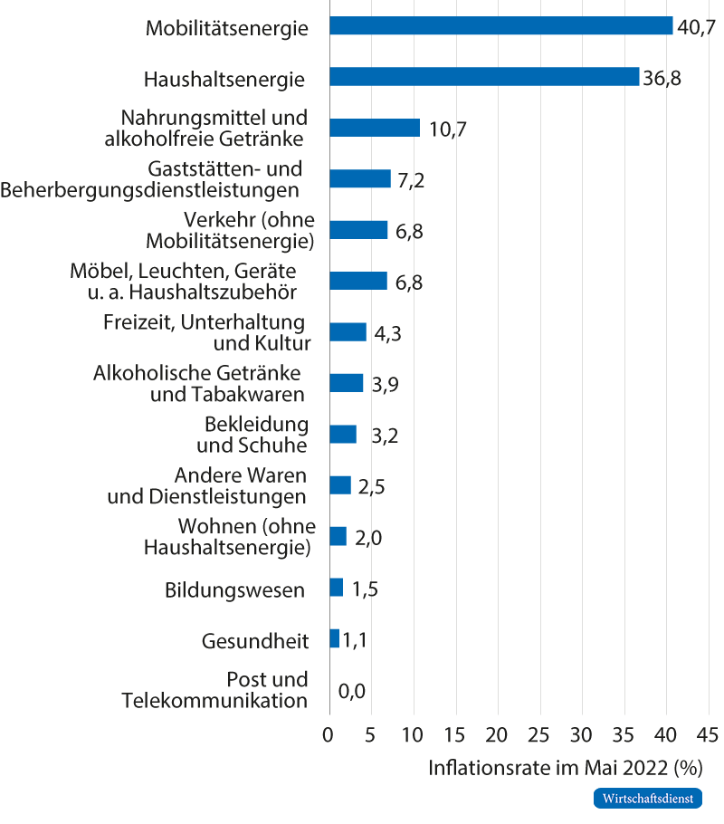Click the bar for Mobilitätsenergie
501,26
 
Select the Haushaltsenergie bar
484,77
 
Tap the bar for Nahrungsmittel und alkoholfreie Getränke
375,128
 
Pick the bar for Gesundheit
334,639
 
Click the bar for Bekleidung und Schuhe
343,435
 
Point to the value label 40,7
696,27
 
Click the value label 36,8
662,78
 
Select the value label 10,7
447,129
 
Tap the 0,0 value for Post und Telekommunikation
351,692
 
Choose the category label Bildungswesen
234,590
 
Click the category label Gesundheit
255,642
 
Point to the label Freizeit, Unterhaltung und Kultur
204,332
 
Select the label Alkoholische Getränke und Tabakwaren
199,383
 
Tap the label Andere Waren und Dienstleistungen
207,485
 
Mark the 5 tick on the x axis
371,733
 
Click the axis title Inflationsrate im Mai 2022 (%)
565,769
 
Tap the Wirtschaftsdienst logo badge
647,799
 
